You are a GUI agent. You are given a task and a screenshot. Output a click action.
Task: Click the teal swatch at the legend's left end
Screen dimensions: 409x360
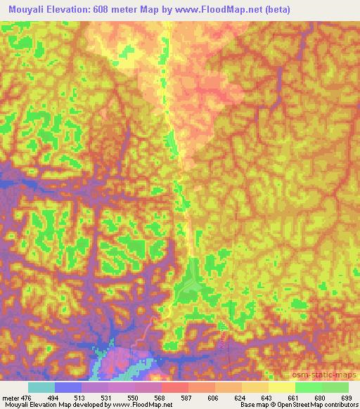tap(41, 387)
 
